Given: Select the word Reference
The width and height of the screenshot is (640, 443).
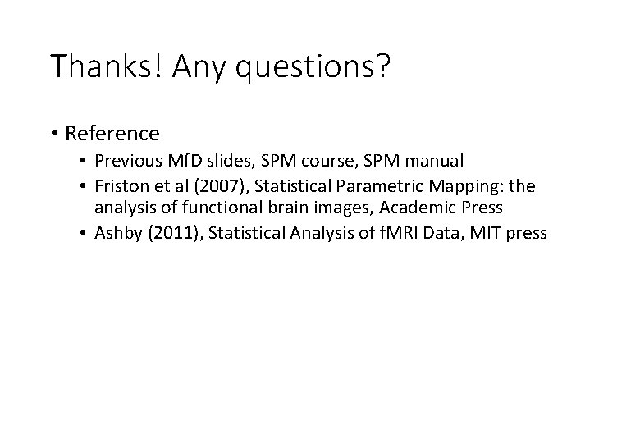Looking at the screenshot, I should tap(112, 133).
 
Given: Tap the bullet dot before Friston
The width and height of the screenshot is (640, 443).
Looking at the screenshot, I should tap(87, 187).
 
